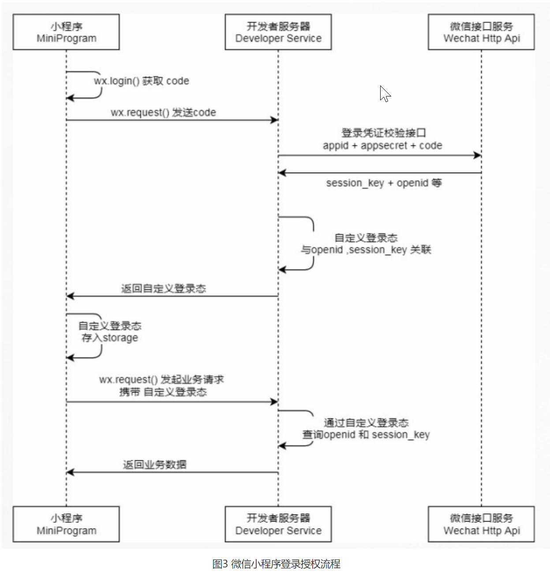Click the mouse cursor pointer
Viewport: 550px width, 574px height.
point(385,94)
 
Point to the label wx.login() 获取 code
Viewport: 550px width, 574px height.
point(142,81)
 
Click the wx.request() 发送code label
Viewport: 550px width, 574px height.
point(163,112)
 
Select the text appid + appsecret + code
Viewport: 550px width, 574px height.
point(382,145)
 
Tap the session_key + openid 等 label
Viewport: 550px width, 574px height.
point(384,183)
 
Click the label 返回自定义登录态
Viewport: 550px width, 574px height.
point(164,289)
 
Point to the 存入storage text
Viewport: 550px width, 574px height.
point(109,338)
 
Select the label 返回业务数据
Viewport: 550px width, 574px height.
point(155,465)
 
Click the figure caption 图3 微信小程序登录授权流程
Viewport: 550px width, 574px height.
point(276,564)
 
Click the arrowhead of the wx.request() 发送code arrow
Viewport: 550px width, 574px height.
point(274,120)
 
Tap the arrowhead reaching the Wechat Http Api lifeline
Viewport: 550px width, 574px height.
point(477,155)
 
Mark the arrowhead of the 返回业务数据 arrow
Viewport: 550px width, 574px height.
point(70,472)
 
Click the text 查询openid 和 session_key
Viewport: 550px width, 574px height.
point(366,435)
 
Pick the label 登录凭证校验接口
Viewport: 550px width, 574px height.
point(384,133)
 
